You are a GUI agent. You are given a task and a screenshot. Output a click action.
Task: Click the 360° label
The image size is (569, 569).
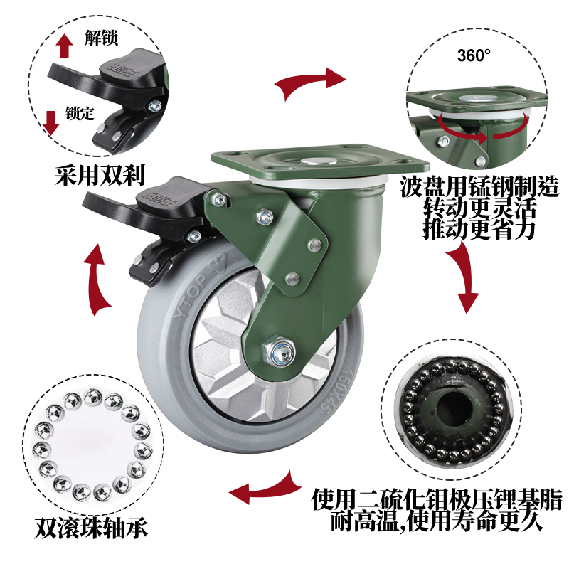click(474, 55)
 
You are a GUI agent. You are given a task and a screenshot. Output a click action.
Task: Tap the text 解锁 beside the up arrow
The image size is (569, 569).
click(101, 38)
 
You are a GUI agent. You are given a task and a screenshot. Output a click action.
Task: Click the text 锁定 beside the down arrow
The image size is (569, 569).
click(80, 113)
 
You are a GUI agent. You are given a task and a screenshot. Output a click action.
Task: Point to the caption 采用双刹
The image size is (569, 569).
click(100, 175)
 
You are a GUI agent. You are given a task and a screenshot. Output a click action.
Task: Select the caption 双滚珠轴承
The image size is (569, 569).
click(91, 527)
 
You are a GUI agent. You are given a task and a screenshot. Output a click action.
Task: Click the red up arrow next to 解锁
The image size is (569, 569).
click(64, 46)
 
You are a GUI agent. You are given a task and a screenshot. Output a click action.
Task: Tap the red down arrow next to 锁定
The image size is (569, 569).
click(50, 122)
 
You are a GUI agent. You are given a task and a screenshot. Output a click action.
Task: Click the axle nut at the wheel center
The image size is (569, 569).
click(278, 351)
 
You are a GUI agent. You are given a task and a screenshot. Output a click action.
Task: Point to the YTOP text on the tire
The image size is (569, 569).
click(190, 295)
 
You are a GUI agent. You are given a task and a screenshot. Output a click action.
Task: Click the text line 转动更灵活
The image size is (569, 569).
click(479, 208)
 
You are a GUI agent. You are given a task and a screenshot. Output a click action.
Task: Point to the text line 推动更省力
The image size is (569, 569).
click(479, 229)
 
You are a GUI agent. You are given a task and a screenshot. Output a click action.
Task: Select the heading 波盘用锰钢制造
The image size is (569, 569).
click(479, 186)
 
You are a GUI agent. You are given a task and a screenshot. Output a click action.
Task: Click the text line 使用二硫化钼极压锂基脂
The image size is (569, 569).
click(437, 500)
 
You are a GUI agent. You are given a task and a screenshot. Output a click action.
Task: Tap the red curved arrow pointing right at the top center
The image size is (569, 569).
click(309, 83)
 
